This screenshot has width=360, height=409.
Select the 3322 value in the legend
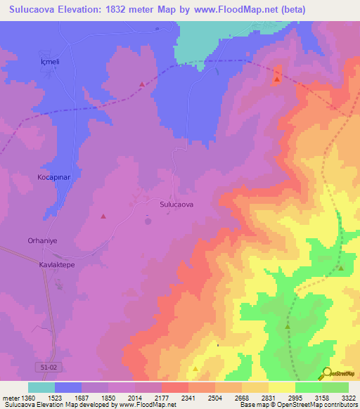click(348, 397)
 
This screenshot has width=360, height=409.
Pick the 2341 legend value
click(188, 397)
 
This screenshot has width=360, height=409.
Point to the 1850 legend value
click(108, 397)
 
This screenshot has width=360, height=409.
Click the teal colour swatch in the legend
click(41, 387)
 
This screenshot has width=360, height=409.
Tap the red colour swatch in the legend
click(175, 387)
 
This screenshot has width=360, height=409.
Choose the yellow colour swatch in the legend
click(282, 387)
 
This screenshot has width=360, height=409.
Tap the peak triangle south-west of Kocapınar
click(104, 216)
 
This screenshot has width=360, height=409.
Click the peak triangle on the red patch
click(277, 79)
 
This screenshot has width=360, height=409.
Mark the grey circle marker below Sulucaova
click(148, 221)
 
